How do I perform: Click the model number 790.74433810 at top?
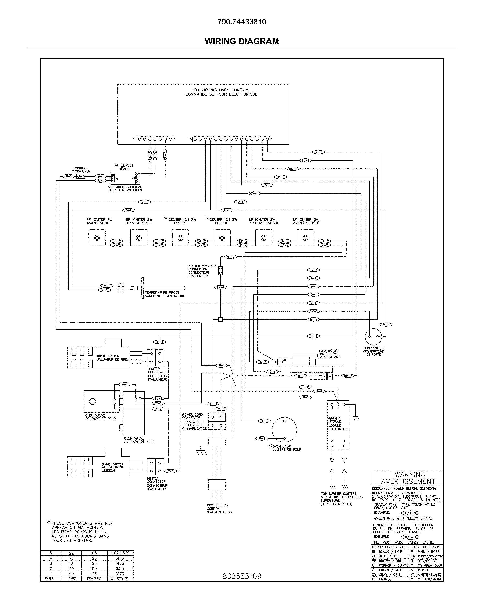[242, 22]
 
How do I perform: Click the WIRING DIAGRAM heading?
[242, 41]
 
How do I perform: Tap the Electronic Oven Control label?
[221, 92]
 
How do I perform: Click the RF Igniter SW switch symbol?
[97, 238]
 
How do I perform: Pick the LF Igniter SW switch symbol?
[305, 238]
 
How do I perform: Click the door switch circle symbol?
[373, 337]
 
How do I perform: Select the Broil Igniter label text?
[112, 357]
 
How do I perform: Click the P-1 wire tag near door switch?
[386, 325]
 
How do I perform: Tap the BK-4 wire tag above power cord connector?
[213, 404]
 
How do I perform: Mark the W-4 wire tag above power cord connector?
[221, 409]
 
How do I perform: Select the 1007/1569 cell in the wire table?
[120, 553]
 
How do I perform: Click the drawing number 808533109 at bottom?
[242, 576]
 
